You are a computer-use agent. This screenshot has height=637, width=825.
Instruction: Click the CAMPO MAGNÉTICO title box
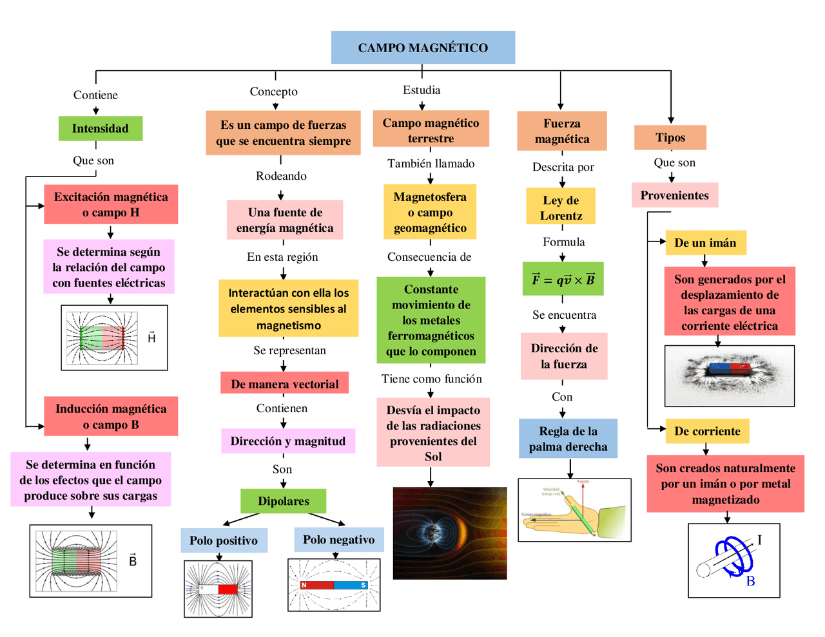pos(423,48)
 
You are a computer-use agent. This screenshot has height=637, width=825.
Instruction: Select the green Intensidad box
pos(100,128)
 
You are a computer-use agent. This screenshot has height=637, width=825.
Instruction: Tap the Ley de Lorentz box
pos(561,207)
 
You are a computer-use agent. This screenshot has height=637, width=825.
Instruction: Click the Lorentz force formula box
pos(563,280)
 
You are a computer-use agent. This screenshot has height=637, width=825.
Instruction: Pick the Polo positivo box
pos(224,540)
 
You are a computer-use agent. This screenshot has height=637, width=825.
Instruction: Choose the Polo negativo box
pos(338,539)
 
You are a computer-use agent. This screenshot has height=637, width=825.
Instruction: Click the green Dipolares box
pos(283,500)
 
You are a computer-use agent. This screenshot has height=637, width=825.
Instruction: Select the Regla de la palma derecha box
pos(568,439)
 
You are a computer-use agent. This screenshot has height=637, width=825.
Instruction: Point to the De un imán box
pos(705,243)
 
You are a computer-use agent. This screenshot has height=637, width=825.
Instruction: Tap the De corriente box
pos(707,431)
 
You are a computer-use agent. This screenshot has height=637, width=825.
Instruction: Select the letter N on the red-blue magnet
pos(304,585)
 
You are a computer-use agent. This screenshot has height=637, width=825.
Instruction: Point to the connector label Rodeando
pos(281,176)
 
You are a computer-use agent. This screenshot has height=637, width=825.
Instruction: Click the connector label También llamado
pos(431,164)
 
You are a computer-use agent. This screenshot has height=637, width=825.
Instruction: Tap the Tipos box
pos(670,137)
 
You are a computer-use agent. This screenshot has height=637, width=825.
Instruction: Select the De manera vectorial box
pos(284,384)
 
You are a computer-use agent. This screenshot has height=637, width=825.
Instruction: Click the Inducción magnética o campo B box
pos(111,416)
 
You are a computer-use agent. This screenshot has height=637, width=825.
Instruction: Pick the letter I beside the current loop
pos(759,540)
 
